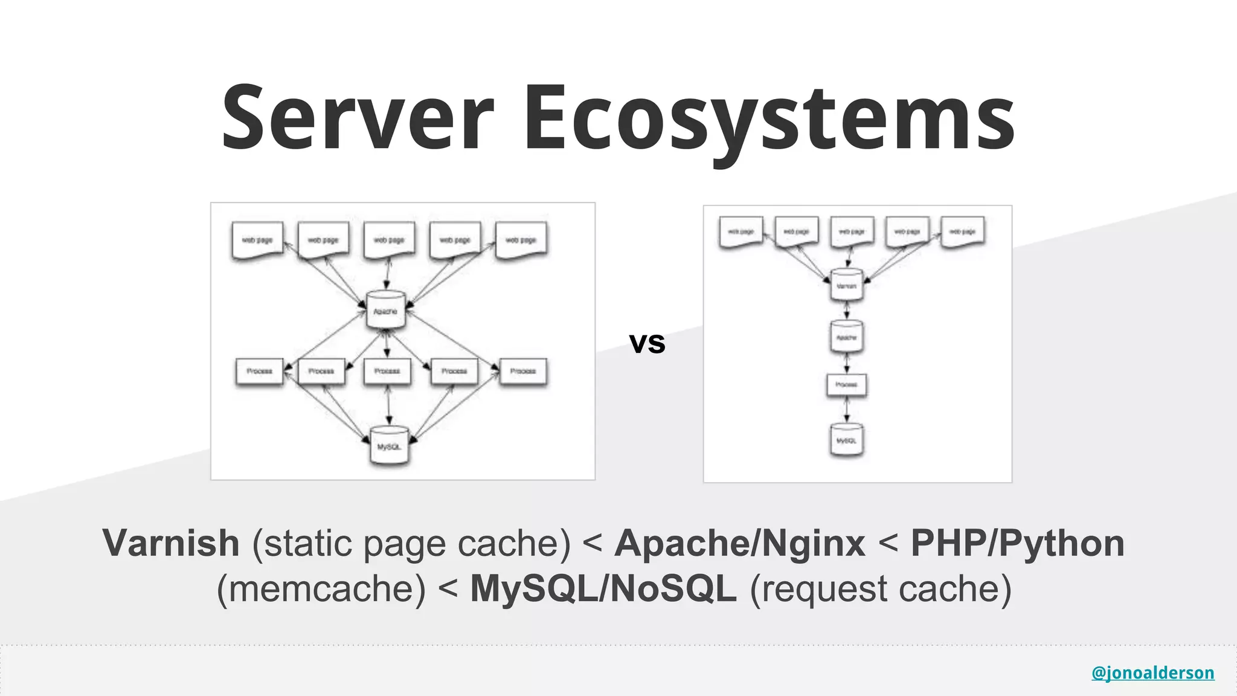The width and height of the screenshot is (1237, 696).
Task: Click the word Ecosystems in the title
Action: tap(768, 118)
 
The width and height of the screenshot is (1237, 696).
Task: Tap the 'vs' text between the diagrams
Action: tap(647, 343)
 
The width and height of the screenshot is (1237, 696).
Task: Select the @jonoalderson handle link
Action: tap(1152, 672)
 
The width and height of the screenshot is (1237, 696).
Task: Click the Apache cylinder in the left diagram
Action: tap(385, 311)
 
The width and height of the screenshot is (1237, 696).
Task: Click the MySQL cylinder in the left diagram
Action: tap(389, 446)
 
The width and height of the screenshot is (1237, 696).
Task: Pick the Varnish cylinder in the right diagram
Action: tap(846, 285)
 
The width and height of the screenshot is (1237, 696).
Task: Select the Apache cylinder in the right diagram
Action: tap(846, 337)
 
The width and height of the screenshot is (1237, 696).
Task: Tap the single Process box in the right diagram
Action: tap(846, 384)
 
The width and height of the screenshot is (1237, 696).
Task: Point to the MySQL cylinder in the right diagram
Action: tap(846, 440)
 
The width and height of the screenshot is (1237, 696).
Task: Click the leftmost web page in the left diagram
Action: tap(257, 240)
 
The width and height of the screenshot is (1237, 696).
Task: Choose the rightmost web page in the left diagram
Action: tap(521, 240)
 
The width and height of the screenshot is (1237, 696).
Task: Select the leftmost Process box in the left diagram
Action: tap(259, 371)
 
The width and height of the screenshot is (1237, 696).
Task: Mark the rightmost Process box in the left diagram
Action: tap(523, 371)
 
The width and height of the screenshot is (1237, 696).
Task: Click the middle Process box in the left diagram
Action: tap(387, 371)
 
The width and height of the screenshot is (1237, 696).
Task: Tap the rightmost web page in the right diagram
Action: tap(963, 232)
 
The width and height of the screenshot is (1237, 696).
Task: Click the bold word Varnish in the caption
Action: tap(171, 543)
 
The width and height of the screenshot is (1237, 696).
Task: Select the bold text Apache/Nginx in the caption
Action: tap(740, 543)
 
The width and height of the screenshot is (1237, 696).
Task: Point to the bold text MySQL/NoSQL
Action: tap(603, 588)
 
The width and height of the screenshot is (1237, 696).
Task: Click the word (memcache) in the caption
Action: tap(321, 588)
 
